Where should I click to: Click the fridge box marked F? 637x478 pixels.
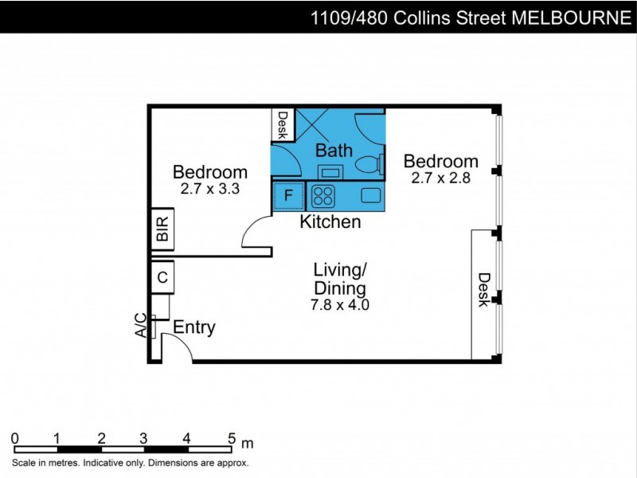288,195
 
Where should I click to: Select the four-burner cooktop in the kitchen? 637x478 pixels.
322,195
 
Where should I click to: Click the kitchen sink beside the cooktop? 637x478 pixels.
371,195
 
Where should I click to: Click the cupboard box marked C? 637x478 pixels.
162,277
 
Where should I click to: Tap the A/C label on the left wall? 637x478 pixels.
140,325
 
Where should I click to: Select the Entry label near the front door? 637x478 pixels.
194,327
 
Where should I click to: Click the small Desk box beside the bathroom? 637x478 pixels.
282,125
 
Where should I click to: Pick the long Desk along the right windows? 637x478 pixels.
483,292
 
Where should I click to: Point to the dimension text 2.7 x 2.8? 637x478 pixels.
441,178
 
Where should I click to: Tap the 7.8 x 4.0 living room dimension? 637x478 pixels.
340,304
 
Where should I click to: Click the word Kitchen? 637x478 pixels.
330,222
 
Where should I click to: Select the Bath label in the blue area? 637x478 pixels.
334,150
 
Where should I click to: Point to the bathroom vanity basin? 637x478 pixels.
330,170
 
